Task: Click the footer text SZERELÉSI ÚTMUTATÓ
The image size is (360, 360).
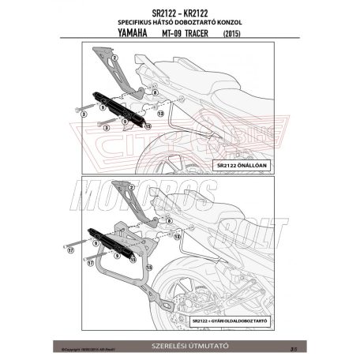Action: click(x=179, y=345)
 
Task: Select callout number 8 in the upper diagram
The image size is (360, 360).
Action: click(x=156, y=92)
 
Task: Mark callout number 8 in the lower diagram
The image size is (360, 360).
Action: click(x=159, y=223)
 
